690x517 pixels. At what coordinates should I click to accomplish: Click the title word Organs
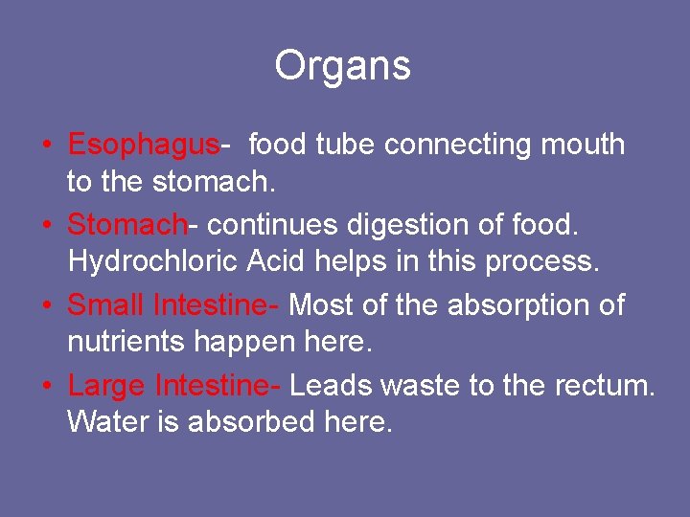[342, 66]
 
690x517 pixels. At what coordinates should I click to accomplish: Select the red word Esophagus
[143, 146]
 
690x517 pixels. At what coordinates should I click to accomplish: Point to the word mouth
[584, 146]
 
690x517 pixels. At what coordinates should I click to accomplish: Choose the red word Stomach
[126, 226]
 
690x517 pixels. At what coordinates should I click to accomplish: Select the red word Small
[105, 306]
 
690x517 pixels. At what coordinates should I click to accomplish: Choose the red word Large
[106, 387]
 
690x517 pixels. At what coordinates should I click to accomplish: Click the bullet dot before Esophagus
[46, 146]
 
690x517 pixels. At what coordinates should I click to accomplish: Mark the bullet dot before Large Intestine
[46, 387]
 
